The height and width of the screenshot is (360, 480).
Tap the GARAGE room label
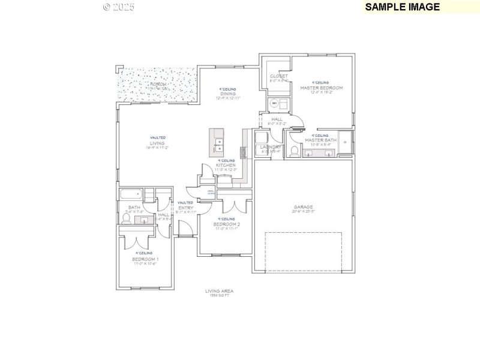304,207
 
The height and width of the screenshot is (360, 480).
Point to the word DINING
227,94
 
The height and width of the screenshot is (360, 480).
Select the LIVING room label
157,143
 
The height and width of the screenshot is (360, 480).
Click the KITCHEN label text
226,165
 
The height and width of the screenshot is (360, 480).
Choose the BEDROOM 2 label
226,224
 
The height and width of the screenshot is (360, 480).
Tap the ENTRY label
185,208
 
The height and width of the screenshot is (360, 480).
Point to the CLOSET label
278,76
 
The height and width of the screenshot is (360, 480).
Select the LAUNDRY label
272,147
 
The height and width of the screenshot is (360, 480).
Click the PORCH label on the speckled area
158,85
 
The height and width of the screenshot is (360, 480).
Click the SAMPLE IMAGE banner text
403,7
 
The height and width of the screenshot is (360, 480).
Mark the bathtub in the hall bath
130,194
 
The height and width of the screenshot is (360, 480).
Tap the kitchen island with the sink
217,143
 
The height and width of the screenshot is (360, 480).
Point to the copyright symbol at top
107,7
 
